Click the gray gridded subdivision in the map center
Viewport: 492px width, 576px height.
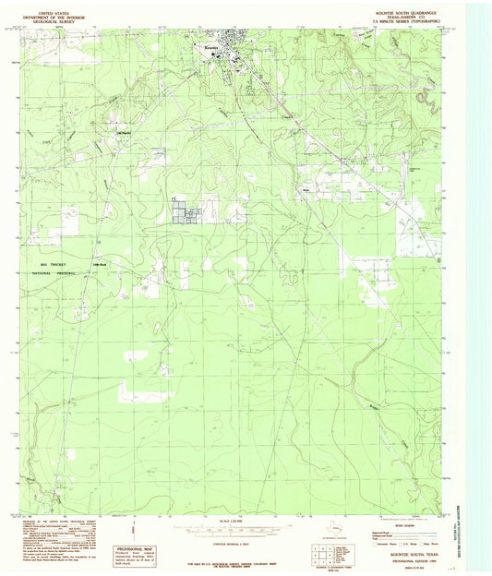[x=188, y=210]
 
